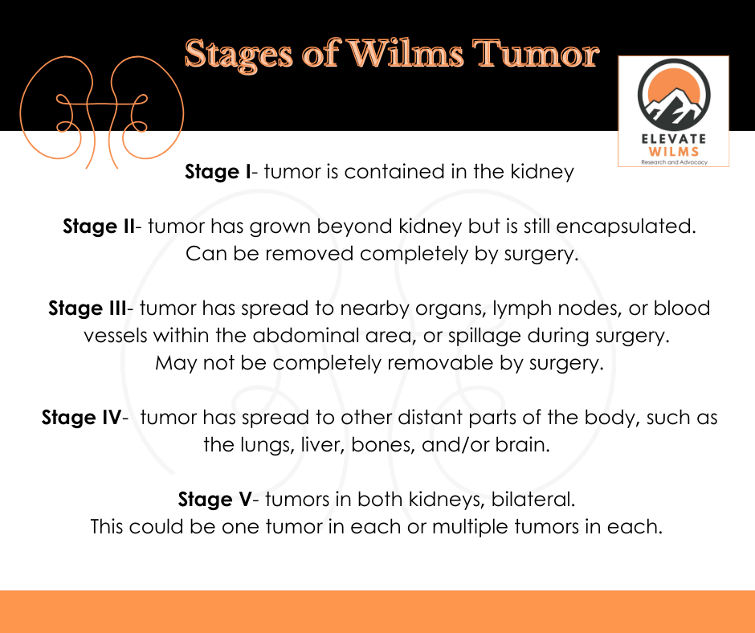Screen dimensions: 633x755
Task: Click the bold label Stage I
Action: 218,171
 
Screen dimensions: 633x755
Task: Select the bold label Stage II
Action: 99,227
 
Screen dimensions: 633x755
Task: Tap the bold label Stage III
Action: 87,308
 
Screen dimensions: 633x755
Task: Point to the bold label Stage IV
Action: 80,418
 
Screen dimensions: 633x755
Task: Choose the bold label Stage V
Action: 214,500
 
